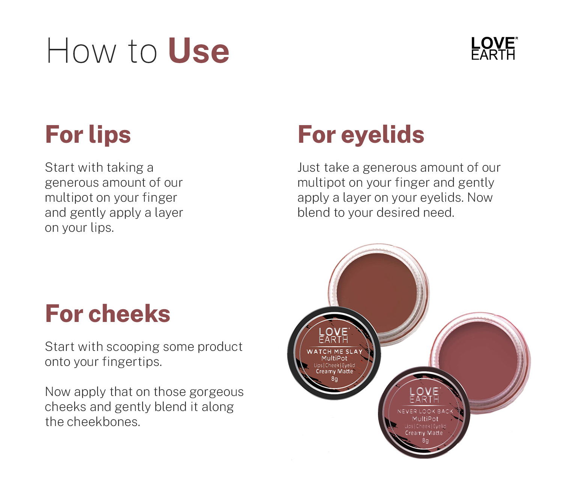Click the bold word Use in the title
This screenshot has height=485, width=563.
pos(199,51)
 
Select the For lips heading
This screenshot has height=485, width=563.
pos(88,134)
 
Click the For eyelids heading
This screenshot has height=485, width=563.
pos(361,134)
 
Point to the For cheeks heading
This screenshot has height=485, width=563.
pos(108,314)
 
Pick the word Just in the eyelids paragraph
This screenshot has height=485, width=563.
pos(309,168)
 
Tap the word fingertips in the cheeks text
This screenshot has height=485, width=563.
pos(132,362)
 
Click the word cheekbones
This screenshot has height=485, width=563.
pos(104,422)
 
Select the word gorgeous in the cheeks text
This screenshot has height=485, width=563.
pos(216,392)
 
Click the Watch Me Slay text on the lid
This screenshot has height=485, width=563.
pos(334,352)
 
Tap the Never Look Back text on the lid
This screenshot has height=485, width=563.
pos(425,411)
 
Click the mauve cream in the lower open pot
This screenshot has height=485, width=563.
pos(478,360)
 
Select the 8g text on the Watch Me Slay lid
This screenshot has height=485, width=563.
pos(334,379)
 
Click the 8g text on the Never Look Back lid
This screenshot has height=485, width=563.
pos(425,441)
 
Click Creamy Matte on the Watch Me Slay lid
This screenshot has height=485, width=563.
pos(334,372)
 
